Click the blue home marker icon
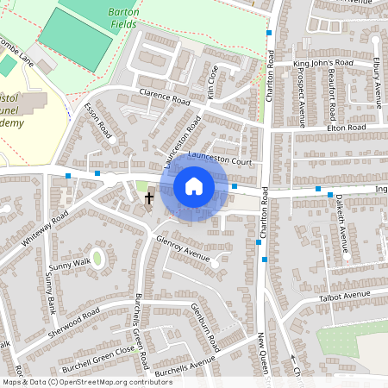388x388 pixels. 194,185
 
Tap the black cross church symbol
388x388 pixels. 148,198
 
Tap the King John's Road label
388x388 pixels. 323,64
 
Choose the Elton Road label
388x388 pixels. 346,128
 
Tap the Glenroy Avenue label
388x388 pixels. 183,248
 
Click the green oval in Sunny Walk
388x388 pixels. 97,256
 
